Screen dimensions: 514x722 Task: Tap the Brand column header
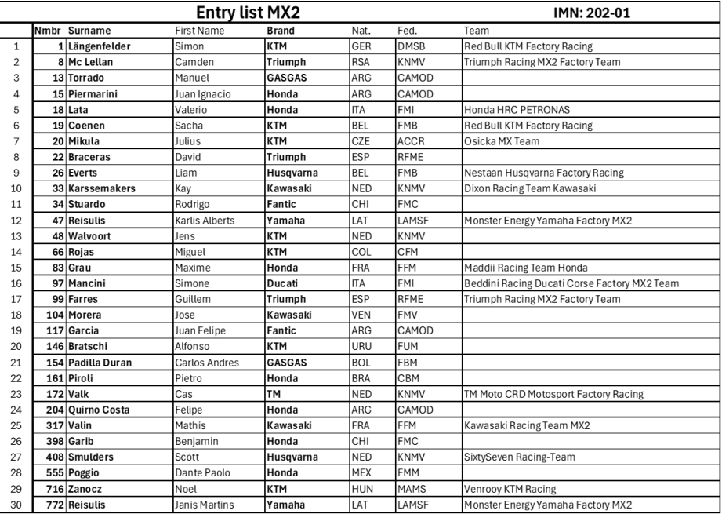tap(280, 31)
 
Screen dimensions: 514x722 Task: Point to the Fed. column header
tap(406, 31)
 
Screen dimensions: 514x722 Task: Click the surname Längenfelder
tap(100, 46)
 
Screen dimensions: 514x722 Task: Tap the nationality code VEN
tap(361, 315)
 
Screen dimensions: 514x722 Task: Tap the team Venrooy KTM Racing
tap(510, 487)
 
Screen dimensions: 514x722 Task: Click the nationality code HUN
tap(361, 487)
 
